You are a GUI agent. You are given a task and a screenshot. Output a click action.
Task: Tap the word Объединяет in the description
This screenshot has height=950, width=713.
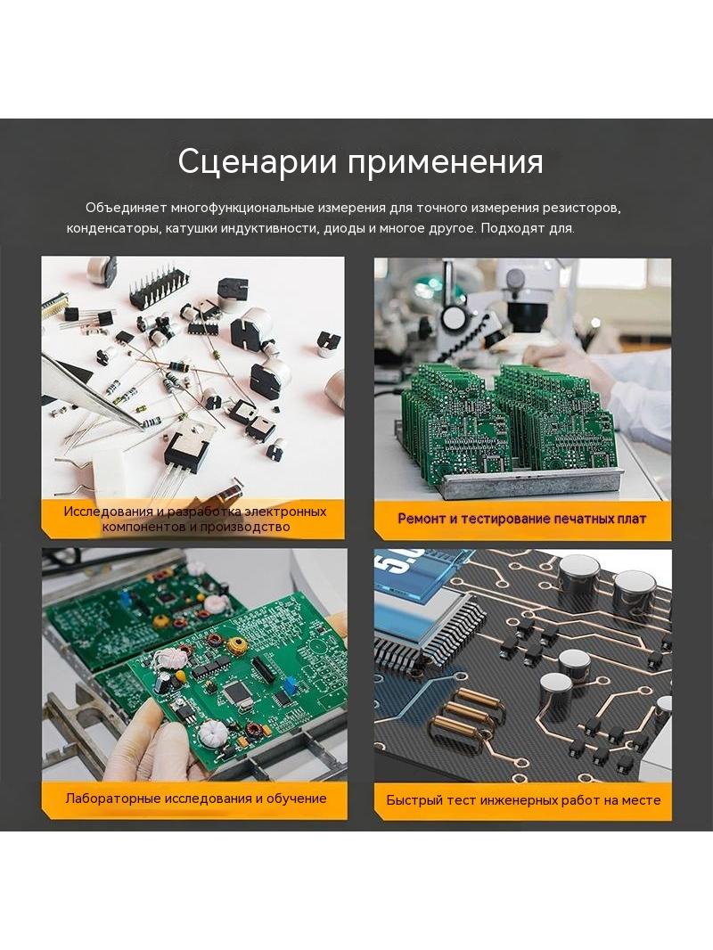coord(126,208)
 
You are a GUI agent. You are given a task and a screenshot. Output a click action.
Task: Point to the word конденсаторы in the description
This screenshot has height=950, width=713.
coord(113,229)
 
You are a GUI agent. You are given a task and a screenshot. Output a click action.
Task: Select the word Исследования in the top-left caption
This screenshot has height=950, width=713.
coord(109,512)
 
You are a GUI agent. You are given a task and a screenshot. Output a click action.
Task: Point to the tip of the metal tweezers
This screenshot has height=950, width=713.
coord(143,425)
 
